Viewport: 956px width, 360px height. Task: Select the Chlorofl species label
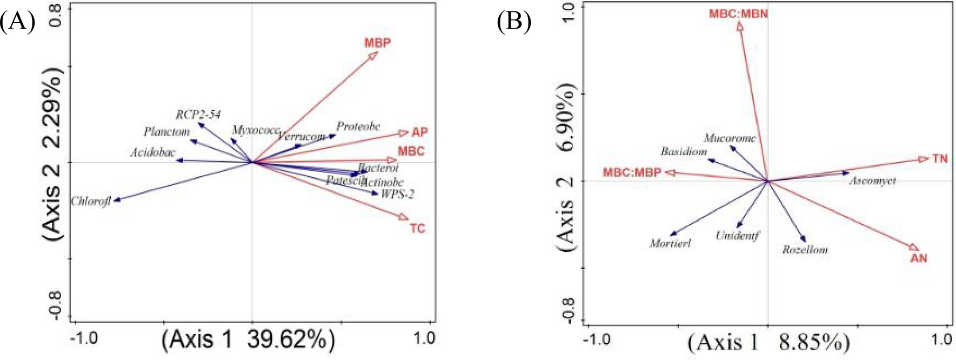(x=91, y=202)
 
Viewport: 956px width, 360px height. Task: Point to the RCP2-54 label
(x=198, y=114)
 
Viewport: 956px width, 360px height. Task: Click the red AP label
(x=419, y=132)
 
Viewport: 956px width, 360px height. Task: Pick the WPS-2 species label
(x=397, y=195)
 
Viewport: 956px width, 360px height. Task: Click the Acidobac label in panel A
(x=152, y=153)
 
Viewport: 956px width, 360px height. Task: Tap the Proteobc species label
(x=358, y=126)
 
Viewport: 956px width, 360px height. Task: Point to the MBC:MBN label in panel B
(x=738, y=14)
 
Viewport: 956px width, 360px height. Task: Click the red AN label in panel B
(x=919, y=258)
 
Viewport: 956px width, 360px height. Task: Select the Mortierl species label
(x=670, y=244)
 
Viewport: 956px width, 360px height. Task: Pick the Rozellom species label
(x=805, y=250)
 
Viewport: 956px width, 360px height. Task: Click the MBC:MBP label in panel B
(x=632, y=172)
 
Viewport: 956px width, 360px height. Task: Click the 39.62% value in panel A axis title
(x=291, y=340)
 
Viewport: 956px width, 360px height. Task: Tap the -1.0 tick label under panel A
(x=84, y=338)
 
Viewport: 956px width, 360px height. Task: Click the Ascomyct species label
(x=872, y=181)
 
